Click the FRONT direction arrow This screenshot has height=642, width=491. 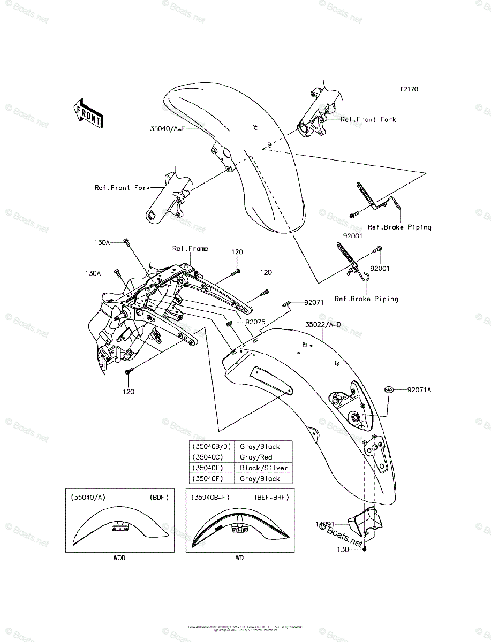tap(88, 112)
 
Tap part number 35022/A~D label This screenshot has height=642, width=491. tap(323, 324)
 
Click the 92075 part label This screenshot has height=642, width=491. tap(255, 323)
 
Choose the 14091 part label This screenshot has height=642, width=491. tap(324, 524)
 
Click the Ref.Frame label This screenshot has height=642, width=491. tap(190, 248)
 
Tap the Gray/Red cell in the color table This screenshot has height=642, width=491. tap(256, 457)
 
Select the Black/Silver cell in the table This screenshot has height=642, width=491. tap(263, 468)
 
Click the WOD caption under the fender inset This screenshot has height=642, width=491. tap(119, 558)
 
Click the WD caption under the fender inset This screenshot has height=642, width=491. tap(239, 558)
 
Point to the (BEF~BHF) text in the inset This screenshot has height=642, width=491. tap(271, 497)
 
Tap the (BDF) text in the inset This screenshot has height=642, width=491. tap(159, 497)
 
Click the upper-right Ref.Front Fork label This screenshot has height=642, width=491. tap(368, 119)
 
